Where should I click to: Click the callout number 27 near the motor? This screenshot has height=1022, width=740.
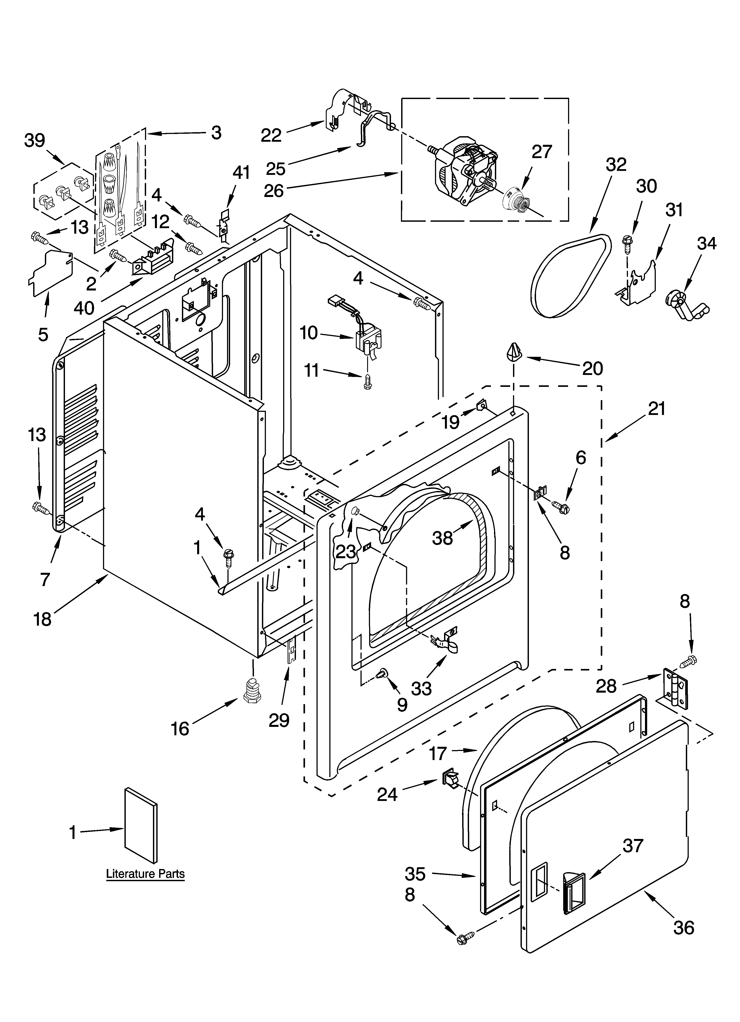[x=542, y=152]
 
